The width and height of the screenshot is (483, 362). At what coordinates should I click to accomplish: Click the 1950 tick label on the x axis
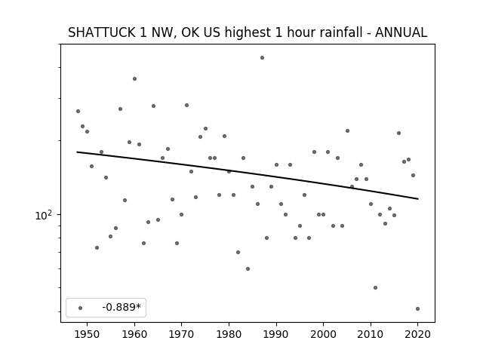coord(88,334)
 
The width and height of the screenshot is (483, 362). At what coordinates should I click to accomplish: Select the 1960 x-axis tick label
coord(134,334)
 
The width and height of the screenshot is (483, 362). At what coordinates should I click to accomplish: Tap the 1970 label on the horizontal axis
coord(181,334)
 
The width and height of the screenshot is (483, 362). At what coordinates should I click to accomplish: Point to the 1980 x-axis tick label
coord(229,334)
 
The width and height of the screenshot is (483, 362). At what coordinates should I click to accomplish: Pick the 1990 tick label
coord(276,334)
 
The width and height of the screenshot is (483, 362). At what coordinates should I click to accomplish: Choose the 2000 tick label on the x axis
coord(323,334)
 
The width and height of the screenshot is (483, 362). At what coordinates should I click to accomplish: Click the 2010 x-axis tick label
coord(371,334)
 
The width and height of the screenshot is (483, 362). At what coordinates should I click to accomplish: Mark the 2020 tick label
coord(417,334)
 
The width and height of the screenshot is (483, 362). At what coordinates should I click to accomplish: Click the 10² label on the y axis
coord(43,215)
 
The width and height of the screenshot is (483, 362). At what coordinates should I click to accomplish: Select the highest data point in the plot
coord(262,57)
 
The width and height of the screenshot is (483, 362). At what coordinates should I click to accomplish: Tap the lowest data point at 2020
coord(417,308)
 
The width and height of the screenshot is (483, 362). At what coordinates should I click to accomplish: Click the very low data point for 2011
coord(375,287)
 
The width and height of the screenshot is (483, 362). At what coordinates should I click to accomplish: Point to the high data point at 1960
coord(134,78)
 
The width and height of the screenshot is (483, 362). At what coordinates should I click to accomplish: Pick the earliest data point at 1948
coord(78,111)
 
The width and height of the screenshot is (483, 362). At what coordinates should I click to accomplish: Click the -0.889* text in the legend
coord(122,307)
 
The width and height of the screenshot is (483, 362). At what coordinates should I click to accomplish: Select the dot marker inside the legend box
coord(81,308)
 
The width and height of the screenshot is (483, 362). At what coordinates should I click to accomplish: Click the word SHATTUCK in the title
coord(101,32)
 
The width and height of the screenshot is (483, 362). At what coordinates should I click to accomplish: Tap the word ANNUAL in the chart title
coord(401,32)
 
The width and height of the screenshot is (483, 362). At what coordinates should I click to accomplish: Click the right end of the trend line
coord(418,199)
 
